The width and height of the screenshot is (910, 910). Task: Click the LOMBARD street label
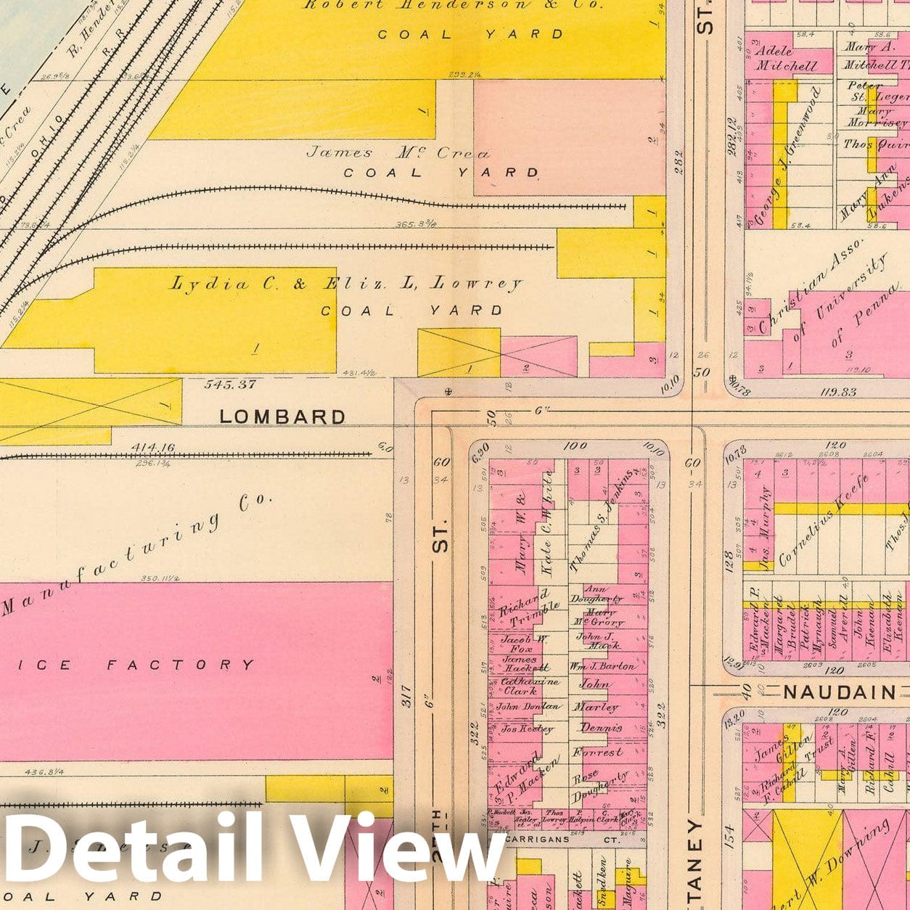[x=282, y=417]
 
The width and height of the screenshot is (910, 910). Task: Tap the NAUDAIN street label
[x=840, y=692]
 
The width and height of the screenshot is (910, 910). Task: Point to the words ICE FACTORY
[x=181, y=665]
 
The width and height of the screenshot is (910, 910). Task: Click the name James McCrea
[x=398, y=153]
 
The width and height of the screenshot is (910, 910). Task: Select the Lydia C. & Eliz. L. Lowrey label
[x=345, y=284]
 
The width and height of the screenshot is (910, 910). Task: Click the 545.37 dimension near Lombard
[x=231, y=385]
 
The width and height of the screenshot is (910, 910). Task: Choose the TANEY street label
[x=695, y=864]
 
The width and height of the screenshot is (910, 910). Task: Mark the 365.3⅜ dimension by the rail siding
[x=417, y=226]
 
